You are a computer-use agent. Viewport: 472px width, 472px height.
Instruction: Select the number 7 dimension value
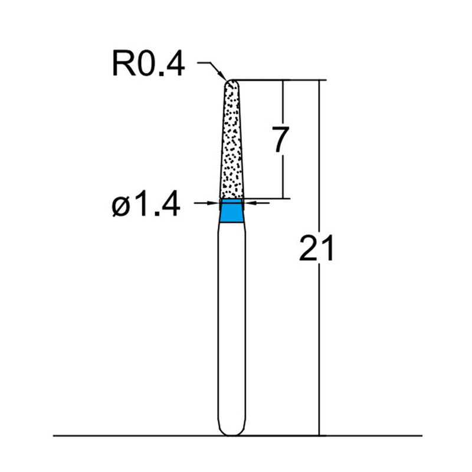[281, 140]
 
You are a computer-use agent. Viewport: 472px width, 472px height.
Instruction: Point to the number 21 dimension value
[316, 248]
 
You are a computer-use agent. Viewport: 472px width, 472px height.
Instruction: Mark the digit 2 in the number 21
[309, 248]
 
